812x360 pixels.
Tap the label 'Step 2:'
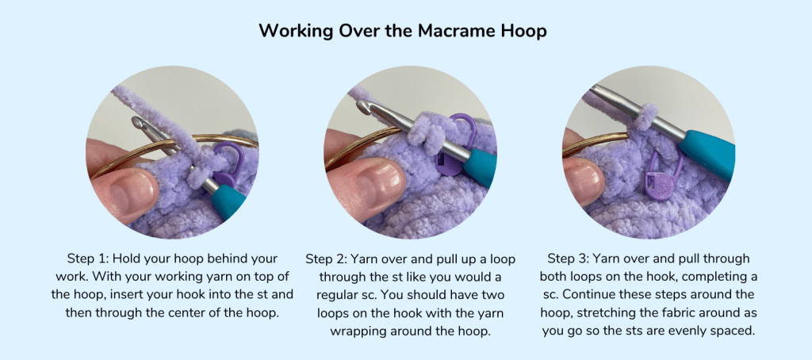pyautogui.click(x=326, y=259)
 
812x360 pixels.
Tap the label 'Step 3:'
pyautogui.click(x=568, y=259)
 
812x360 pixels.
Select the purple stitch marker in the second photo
pyautogui.click(x=450, y=147)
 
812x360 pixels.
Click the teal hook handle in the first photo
pyautogui.click(x=228, y=199)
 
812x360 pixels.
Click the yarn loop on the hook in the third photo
pyautogui.click(x=642, y=117)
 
